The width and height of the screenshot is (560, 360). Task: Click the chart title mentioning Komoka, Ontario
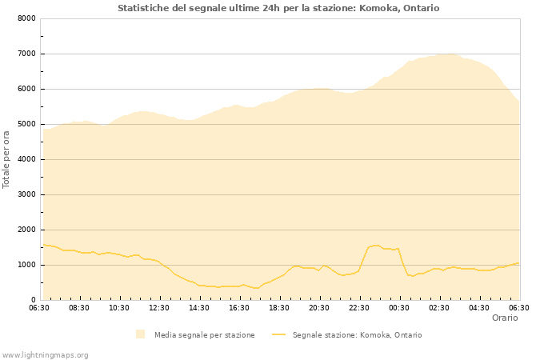(x=278, y=8)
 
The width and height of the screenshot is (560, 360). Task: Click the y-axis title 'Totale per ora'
(x=7, y=159)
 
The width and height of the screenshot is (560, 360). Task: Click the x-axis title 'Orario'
(x=504, y=318)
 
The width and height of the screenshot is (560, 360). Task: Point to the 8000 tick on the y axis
(x=26, y=18)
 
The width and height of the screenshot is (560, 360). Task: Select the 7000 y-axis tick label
(x=26, y=54)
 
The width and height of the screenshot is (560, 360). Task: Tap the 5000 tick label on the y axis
(x=26, y=124)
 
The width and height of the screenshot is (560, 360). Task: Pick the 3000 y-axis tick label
(x=26, y=194)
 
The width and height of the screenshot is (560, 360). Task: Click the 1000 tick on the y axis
(x=26, y=265)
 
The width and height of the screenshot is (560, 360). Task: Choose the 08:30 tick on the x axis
(x=79, y=307)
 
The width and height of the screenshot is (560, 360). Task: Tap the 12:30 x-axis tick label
(x=159, y=307)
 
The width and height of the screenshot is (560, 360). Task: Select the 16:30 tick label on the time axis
(x=239, y=307)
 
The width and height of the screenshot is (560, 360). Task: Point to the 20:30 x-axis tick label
(x=319, y=307)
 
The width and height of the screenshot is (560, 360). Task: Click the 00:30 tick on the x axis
(x=399, y=307)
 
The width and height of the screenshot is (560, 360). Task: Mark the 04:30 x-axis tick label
(x=479, y=307)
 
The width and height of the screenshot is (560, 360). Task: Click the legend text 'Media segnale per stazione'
(x=204, y=335)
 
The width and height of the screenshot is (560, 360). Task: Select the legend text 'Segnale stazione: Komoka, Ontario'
(x=357, y=335)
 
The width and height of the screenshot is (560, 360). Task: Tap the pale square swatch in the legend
(x=141, y=334)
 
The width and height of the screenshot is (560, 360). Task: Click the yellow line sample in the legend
(x=278, y=334)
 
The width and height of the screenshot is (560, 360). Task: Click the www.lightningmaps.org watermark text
(x=45, y=354)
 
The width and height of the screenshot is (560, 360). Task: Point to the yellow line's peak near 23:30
(x=376, y=245)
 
